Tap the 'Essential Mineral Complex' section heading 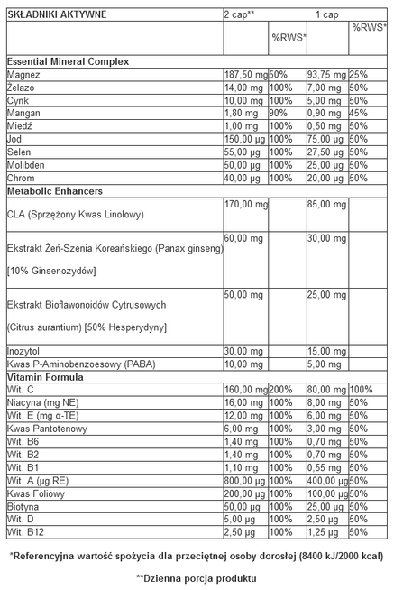point(68,61)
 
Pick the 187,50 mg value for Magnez point(244,74)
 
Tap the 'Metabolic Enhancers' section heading point(54,192)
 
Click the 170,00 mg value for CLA point(245,205)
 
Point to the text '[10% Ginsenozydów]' point(52,271)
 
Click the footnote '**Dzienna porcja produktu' point(196,577)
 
